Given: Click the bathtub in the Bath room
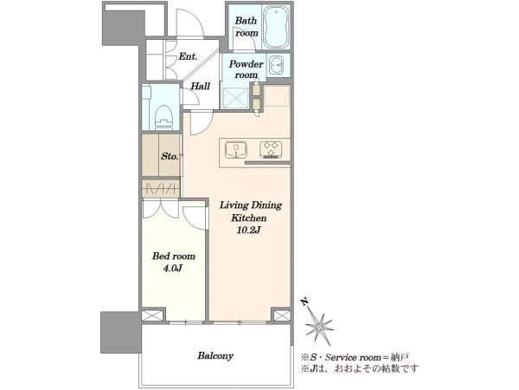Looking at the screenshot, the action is pyautogui.click(x=277, y=28).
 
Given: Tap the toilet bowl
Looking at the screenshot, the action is pyautogui.click(x=163, y=115).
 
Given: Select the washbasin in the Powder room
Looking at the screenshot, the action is pyautogui.click(x=276, y=65).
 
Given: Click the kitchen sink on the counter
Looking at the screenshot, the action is pyautogui.click(x=236, y=150).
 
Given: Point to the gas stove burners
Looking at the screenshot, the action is pyautogui.click(x=271, y=150).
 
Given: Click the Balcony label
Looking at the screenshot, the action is pyautogui.click(x=215, y=356).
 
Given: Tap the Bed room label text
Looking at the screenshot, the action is pyautogui.click(x=174, y=256).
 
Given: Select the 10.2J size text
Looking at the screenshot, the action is pyautogui.click(x=248, y=230).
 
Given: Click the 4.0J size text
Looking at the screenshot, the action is pyautogui.click(x=173, y=268).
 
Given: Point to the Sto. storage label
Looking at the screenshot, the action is pyautogui.click(x=170, y=156).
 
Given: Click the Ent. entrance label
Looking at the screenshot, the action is pyautogui.click(x=188, y=56).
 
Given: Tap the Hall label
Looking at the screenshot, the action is pyautogui.click(x=201, y=86).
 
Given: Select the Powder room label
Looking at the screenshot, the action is pyautogui.click(x=246, y=69).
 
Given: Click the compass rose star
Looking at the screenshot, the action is pyautogui.click(x=319, y=327).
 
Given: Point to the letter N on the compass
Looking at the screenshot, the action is pyautogui.click(x=304, y=302).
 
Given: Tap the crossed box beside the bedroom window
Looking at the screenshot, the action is pyautogui.click(x=152, y=315).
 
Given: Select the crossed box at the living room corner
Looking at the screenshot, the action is pyautogui.click(x=282, y=315).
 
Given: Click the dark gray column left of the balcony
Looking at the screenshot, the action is pyautogui.click(x=120, y=332).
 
